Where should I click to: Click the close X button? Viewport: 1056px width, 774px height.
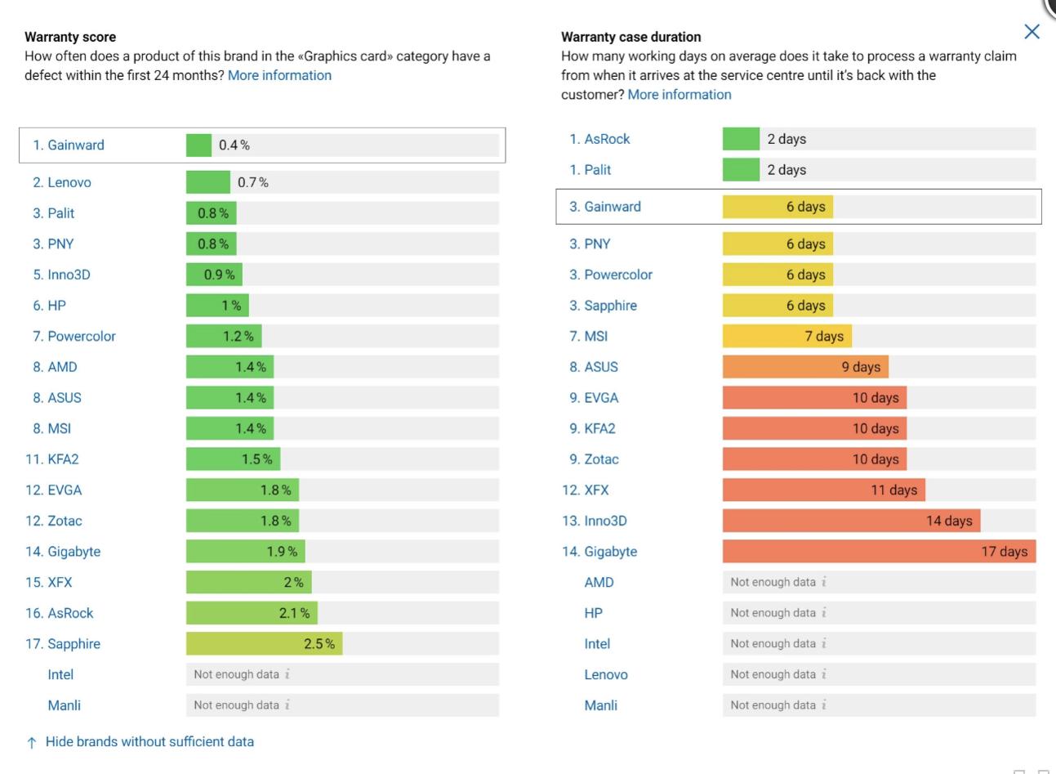pyautogui.click(x=1031, y=32)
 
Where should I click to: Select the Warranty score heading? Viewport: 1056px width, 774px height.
pyautogui.click(x=70, y=37)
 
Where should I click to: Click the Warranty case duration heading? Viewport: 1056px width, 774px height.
pyautogui.click(x=630, y=37)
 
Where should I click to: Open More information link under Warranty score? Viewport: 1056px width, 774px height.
pyautogui.click(x=279, y=75)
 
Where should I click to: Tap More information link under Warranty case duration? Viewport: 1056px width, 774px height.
pyautogui.click(x=679, y=95)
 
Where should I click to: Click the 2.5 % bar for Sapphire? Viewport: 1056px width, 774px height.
pyautogui.click(x=264, y=644)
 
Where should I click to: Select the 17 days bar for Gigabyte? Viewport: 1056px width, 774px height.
pyautogui.click(x=879, y=552)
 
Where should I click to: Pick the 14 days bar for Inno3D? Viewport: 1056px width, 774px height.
pyautogui.click(x=851, y=521)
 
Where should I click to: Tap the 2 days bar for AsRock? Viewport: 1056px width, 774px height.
pyautogui.click(x=741, y=139)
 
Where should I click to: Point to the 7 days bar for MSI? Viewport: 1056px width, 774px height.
pyautogui.click(x=786, y=336)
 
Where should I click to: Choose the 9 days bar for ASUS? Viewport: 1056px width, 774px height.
pyautogui.click(x=805, y=367)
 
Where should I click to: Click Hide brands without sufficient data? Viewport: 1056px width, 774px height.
pyautogui.click(x=149, y=742)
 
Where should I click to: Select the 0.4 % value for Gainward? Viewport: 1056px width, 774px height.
pyautogui.click(x=234, y=145)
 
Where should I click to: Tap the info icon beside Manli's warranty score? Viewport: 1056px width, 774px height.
pyautogui.click(x=287, y=705)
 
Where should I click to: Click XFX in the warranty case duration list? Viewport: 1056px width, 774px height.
pyautogui.click(x=596, y=490)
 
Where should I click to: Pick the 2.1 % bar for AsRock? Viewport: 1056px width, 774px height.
pyautogui.click(x=252, y=613)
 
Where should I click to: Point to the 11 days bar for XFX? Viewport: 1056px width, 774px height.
pyautogui.click(x=823, y=490)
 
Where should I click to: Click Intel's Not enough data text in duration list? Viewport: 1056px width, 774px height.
pyautogui.click(x=773, y=644)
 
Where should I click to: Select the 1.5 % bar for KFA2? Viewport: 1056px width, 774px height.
pyautogui.click(x=233, y=459)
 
